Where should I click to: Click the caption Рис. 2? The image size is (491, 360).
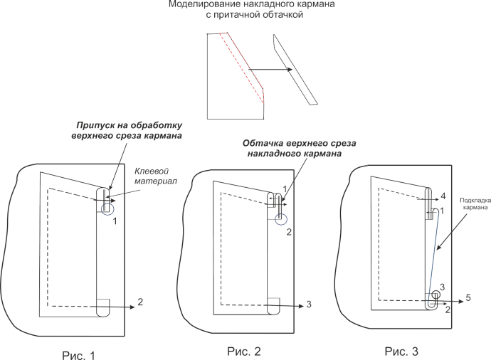(x=244, y=350)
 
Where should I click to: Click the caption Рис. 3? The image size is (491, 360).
(x=401, y=351)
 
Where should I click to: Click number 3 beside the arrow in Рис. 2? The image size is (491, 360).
(x=309, y=305)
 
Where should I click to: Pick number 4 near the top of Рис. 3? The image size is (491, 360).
(x=443, y=195)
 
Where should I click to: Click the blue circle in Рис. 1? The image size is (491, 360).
(x=107, y=208)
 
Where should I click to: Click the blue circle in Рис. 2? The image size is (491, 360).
(x=280, y=218)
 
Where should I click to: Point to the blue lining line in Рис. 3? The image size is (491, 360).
(x=433, y=249)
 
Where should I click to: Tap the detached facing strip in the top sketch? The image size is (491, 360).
(x=295, y=70)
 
